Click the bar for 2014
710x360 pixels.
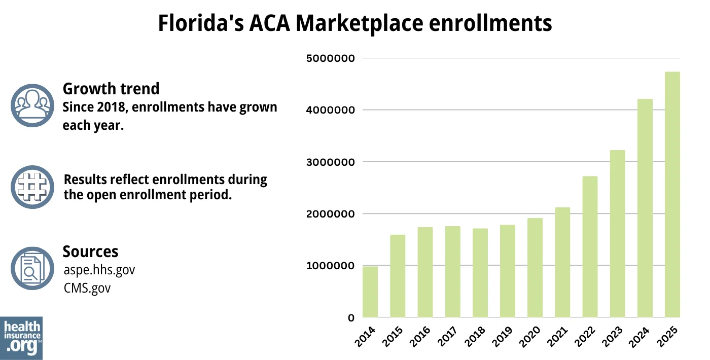(370, 292)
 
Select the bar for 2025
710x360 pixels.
(672, 195)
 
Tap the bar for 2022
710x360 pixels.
(590, 247)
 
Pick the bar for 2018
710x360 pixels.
(480, 273)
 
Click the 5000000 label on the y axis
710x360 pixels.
(330, 59)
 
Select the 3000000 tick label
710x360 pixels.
(330, 162)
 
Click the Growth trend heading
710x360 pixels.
(111, 89)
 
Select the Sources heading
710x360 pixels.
(90, 251)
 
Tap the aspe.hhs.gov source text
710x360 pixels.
(99, 270)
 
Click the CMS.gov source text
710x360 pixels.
(87, 288)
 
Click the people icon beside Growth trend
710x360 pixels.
(32, 105)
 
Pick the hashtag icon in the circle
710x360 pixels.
(32, 187)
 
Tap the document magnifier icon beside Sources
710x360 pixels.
(32, 268)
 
